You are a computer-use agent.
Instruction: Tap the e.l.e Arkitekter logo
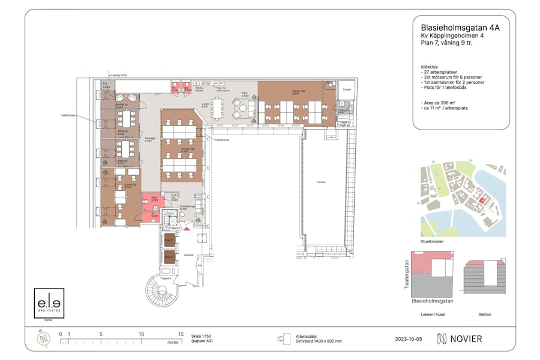(x=49, y=304)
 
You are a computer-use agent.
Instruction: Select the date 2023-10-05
(x=409, y=339)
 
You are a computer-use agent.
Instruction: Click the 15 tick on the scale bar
(x=180, y=334)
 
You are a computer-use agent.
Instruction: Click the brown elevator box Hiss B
(x=169, y=241)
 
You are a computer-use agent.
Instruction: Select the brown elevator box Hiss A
(x=169, y=258)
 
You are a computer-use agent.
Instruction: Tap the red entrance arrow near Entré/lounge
(x=188, y=227)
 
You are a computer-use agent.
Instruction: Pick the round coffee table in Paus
(x=244, y=108)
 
